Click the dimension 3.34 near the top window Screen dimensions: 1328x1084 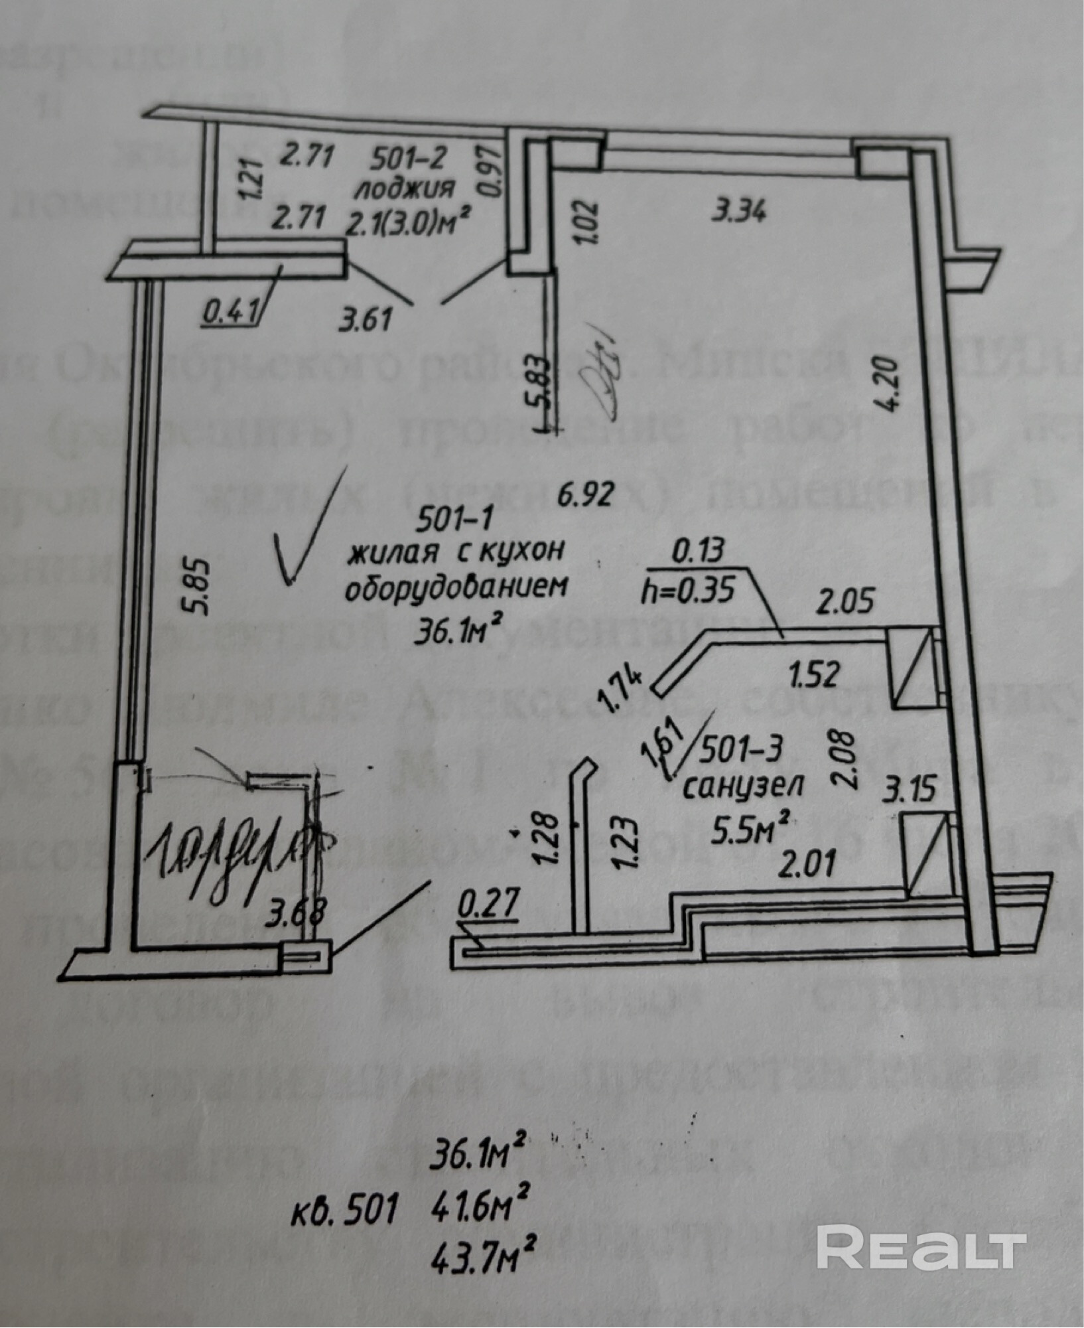click(x=738, y=212)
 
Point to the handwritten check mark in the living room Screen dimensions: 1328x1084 click(x=306, y=526)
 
